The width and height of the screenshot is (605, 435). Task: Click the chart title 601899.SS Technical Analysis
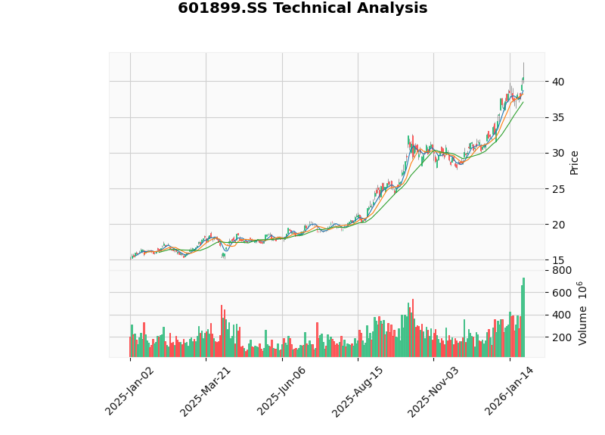pyautogui.click(x=302, y=8)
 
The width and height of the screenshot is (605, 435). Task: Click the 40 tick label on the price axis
pyautogui.click(x=558, y=81)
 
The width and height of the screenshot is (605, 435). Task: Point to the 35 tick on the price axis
pyautogui.click(x=558, y=117)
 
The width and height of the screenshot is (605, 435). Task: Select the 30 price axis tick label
pyautogui.click(x=558, y=153)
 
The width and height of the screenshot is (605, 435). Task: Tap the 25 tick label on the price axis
pyautogui.click(x=558, y=188)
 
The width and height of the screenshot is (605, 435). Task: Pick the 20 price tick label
pyautogui.click(x=558, y=225)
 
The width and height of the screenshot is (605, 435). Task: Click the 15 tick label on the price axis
pyautogui.click(x=558, y=260)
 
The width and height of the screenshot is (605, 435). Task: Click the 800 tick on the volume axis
pyautogui.click(x=561, y=270)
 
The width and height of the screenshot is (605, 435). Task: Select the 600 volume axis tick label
pyautogui.click(x=561, y=293)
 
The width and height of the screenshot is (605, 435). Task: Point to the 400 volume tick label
pyautogui.click(x=561, y=315)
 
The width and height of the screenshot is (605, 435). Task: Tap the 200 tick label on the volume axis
pyautogui.click(x=561, y=337)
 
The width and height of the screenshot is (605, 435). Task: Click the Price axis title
pyautogui.click(x=575, y=162)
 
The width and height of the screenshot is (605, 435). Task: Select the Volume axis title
pyautogui.click(x=583, y=313)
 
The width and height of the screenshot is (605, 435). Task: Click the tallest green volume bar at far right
pyautogui.click(x=523, y=318)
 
